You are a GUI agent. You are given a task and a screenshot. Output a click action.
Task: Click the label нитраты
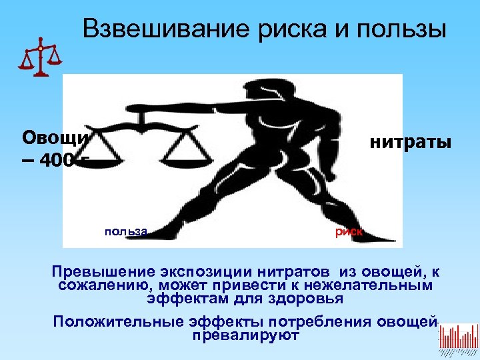click(x=410, y=142)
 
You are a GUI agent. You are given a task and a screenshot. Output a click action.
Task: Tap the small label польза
click(x=125, y=231)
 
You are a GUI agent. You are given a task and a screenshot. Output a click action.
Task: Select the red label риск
click(x=348, y=231)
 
